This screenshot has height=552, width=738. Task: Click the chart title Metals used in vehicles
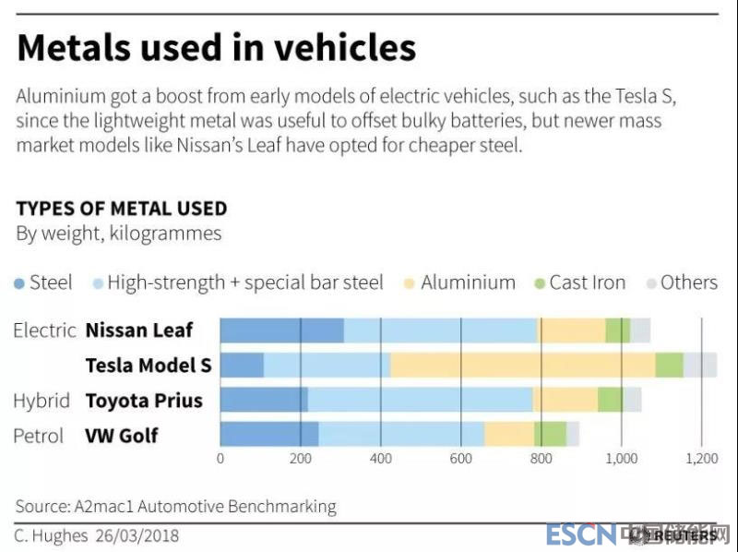216,48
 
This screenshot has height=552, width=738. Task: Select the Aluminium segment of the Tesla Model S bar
522,365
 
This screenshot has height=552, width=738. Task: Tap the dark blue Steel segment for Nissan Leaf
281,330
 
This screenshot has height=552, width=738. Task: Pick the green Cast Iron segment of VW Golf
550,434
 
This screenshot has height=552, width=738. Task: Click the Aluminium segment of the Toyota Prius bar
565,400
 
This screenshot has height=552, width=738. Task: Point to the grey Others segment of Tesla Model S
699,365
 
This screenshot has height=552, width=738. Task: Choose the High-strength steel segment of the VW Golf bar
401,434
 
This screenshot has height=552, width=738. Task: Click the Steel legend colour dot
20,283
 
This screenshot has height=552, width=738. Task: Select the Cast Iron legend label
587,282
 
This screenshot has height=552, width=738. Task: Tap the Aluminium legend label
468,282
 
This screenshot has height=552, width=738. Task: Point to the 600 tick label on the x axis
461,458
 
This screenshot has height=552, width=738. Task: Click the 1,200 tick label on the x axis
701,458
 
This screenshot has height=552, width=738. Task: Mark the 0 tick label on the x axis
220,458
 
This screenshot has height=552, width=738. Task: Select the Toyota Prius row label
144,401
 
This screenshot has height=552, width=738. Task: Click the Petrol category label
39,435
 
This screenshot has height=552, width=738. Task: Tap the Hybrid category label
42,401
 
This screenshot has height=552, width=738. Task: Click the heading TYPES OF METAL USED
121,209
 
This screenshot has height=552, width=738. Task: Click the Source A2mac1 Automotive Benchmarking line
175,506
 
